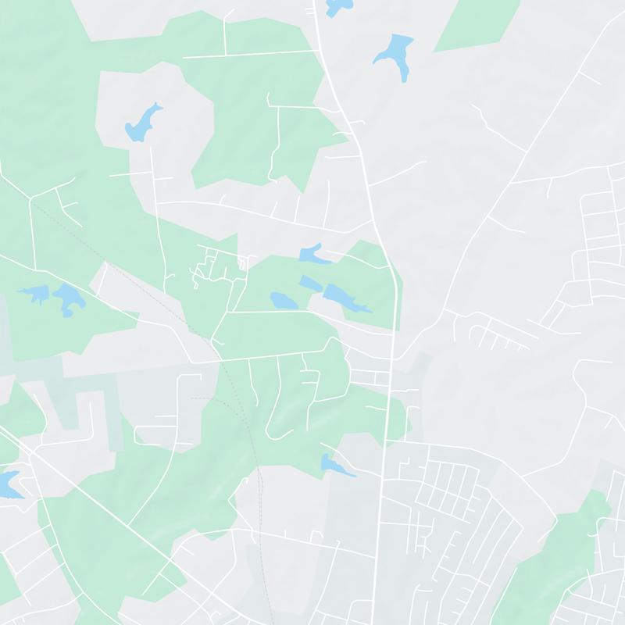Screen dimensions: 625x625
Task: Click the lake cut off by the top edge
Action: [x=337, y=7]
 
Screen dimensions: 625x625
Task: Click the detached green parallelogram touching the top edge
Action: [x=477, y=23]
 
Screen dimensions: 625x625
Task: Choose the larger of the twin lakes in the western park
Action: [x=66, y=298]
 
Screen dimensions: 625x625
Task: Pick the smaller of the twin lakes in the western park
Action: [x=34, y=295]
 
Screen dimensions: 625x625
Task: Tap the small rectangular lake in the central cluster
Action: [x=308, y=282]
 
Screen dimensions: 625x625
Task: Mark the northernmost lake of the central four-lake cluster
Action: [x=310, y=253]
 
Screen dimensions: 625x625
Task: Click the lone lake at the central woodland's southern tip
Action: [x=334, y=465]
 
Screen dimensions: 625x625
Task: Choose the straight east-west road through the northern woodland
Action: [x=250, y=55]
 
